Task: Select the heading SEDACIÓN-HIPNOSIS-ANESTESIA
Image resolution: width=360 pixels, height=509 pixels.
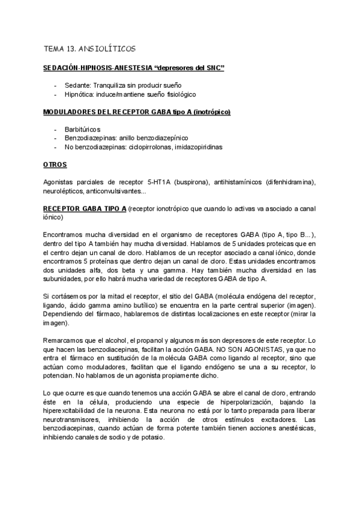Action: click(98, 69)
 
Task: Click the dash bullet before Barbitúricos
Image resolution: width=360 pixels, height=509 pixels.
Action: click(55, 130)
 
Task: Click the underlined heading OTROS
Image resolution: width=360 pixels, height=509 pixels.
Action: click(55, 164)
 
